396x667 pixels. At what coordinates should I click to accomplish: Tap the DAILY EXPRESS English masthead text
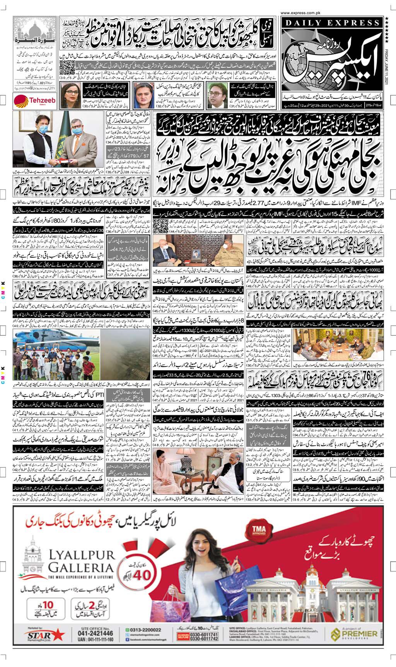point(328,24)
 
